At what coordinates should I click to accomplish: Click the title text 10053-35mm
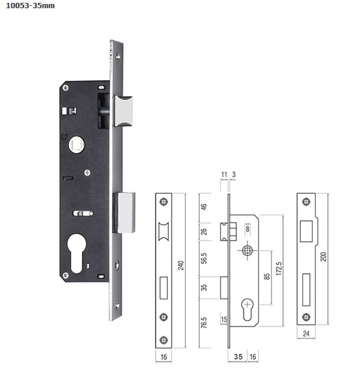coord(30,6)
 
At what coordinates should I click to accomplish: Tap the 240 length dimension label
coord(181,265)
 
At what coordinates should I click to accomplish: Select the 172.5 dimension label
coord(279,269)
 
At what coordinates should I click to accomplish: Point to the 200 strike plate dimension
coord(323,256)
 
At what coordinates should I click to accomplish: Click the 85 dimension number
coord(267,276)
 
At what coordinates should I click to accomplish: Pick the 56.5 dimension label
coord(204,258)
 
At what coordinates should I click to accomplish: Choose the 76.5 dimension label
coord(204,322)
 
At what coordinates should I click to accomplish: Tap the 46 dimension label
coord(204,207)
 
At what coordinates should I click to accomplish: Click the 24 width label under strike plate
coord(306,334)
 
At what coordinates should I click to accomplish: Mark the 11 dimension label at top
coord(224,174)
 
